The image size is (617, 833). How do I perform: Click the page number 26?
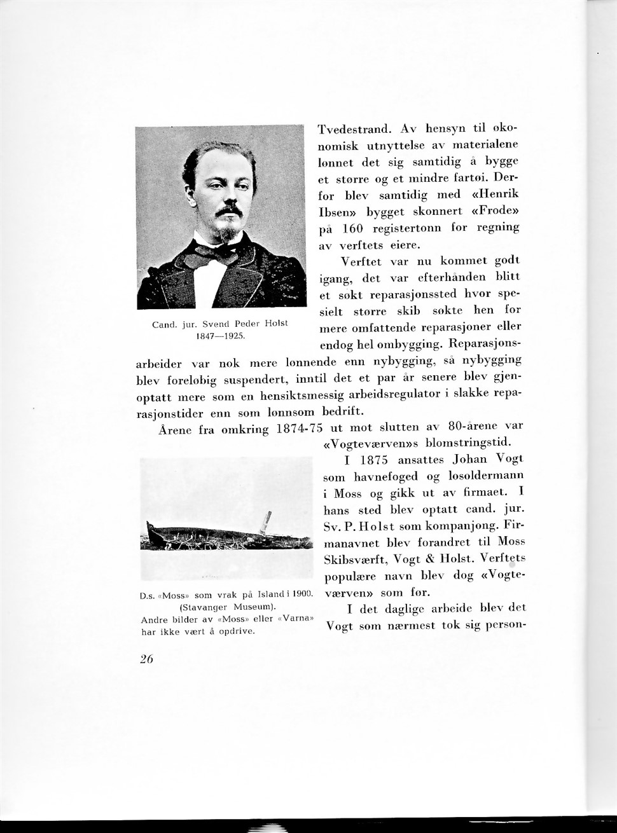[146, 659]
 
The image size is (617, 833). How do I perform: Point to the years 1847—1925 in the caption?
[220, 335]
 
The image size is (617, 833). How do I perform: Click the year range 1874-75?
[300, 429]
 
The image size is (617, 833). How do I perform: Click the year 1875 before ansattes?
[374, 460]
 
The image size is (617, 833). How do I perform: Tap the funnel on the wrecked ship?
[268, 521]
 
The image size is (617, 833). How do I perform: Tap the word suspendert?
[253, 381]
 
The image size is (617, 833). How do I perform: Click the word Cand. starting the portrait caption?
[164, 324]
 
